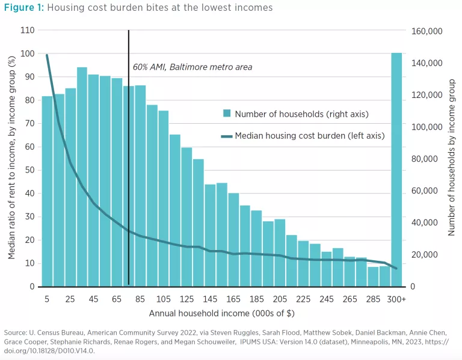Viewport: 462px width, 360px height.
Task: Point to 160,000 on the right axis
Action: point(426,31)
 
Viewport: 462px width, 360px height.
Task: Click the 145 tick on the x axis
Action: point(209,299)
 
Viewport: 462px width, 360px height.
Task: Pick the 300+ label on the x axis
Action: point(397,299)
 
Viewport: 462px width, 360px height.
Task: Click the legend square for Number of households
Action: point(226,114)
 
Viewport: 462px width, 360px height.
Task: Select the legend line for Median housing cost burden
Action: point(226,136)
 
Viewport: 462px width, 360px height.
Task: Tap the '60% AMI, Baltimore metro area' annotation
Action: point(192,67)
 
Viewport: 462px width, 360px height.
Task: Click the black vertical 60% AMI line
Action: point(129,180)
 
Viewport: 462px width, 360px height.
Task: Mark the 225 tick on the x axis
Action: point(303,299)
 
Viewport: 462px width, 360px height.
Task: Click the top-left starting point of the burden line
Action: point(47,55)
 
